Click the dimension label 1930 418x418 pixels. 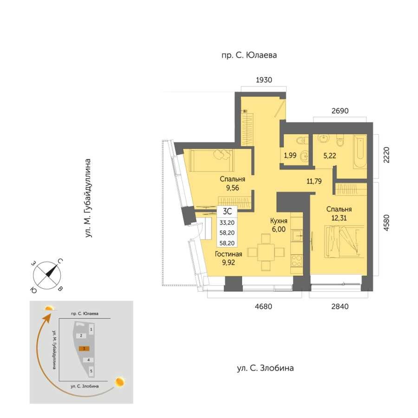[264, 80]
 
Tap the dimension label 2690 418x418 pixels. [340, 111]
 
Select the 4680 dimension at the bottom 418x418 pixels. [263, 307]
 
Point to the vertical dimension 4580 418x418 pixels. [386, 222]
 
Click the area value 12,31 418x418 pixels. [339, 218]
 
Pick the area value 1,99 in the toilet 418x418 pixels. [290, 156]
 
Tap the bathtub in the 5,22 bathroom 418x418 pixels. [360, 151]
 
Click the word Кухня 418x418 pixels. [279, 221]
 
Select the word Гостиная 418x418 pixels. [229, 254]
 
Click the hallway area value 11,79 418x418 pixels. [314, 182]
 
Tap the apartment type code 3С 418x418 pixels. [227, 211]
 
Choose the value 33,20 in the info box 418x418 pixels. [227, 222]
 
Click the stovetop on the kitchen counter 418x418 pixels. [296, 261]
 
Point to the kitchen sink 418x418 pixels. [297, 235]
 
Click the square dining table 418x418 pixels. [266, 252]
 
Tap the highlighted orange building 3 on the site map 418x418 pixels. [84, 348]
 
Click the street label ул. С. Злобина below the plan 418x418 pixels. [265, 368]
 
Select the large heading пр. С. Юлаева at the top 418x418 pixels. [249, 55]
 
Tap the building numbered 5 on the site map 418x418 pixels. [91, 371]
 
